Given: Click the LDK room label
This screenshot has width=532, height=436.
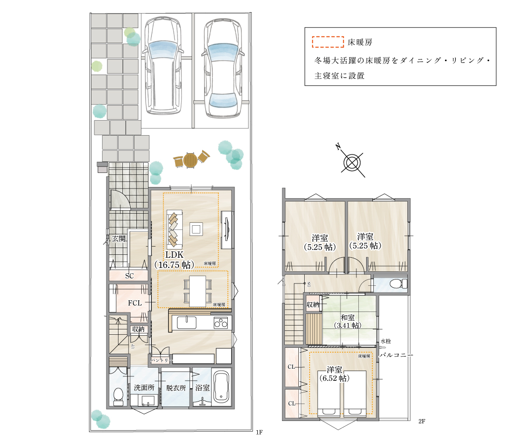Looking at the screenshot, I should click(x=174, y=255).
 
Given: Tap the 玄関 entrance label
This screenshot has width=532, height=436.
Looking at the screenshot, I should click(x=119, y=238).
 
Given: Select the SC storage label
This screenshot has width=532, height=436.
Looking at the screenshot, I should click(x=129, y=276).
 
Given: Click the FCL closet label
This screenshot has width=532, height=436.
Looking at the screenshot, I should click(x=134, y=303).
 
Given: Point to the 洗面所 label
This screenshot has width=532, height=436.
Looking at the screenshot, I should click(x=144, y=388).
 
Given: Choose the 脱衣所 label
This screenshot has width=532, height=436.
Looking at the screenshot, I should click(x=176, y=388).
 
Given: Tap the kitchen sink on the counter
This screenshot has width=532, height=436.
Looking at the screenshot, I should click(x=186, y=322).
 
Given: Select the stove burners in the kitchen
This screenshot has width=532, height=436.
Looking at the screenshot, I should click(x=221, y=322).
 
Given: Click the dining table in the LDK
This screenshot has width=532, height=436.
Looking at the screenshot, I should click(x=197, y=291).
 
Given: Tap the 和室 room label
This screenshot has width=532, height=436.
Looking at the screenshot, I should click(x=347, y=318).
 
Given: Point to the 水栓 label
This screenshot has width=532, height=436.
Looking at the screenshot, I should click(x=385, y=341).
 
